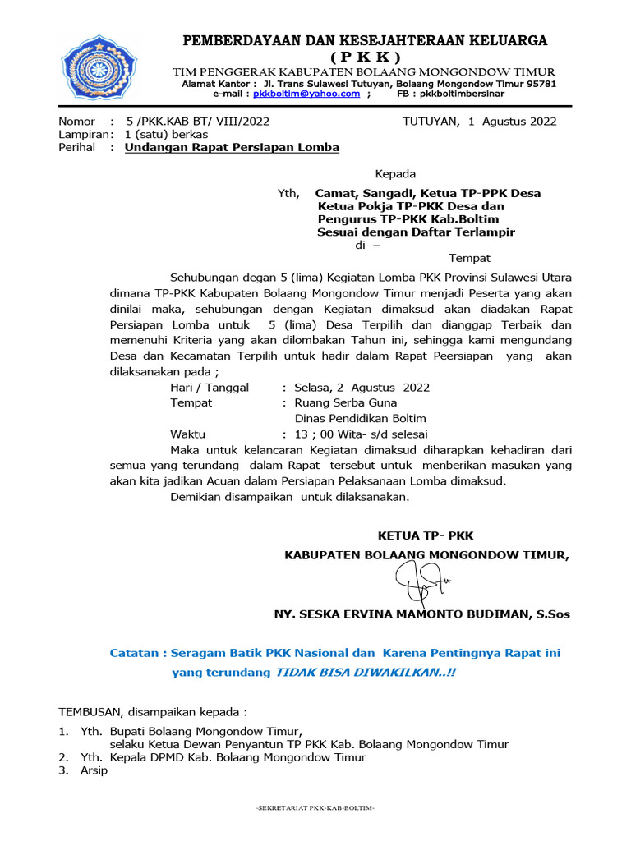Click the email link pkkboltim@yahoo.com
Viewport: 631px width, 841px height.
point(306,94)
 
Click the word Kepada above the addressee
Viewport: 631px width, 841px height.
point(395,174)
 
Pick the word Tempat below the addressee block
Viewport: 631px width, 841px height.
point(469,258)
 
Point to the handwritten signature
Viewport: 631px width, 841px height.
point(421,582)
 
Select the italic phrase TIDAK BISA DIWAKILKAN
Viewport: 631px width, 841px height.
point(362,672)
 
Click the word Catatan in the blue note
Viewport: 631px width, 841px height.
point(135,654)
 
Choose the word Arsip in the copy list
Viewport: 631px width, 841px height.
point(94,771)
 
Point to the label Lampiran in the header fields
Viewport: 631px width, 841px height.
point(83,135)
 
